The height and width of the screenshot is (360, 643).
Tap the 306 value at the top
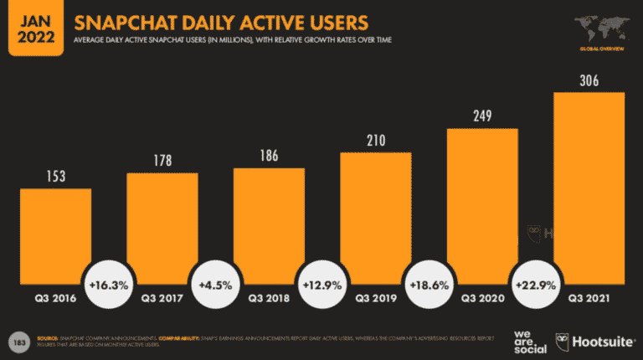point(589,81)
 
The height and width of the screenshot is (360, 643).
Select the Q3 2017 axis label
point(162,297)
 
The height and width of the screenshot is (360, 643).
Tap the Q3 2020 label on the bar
point(482,297)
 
